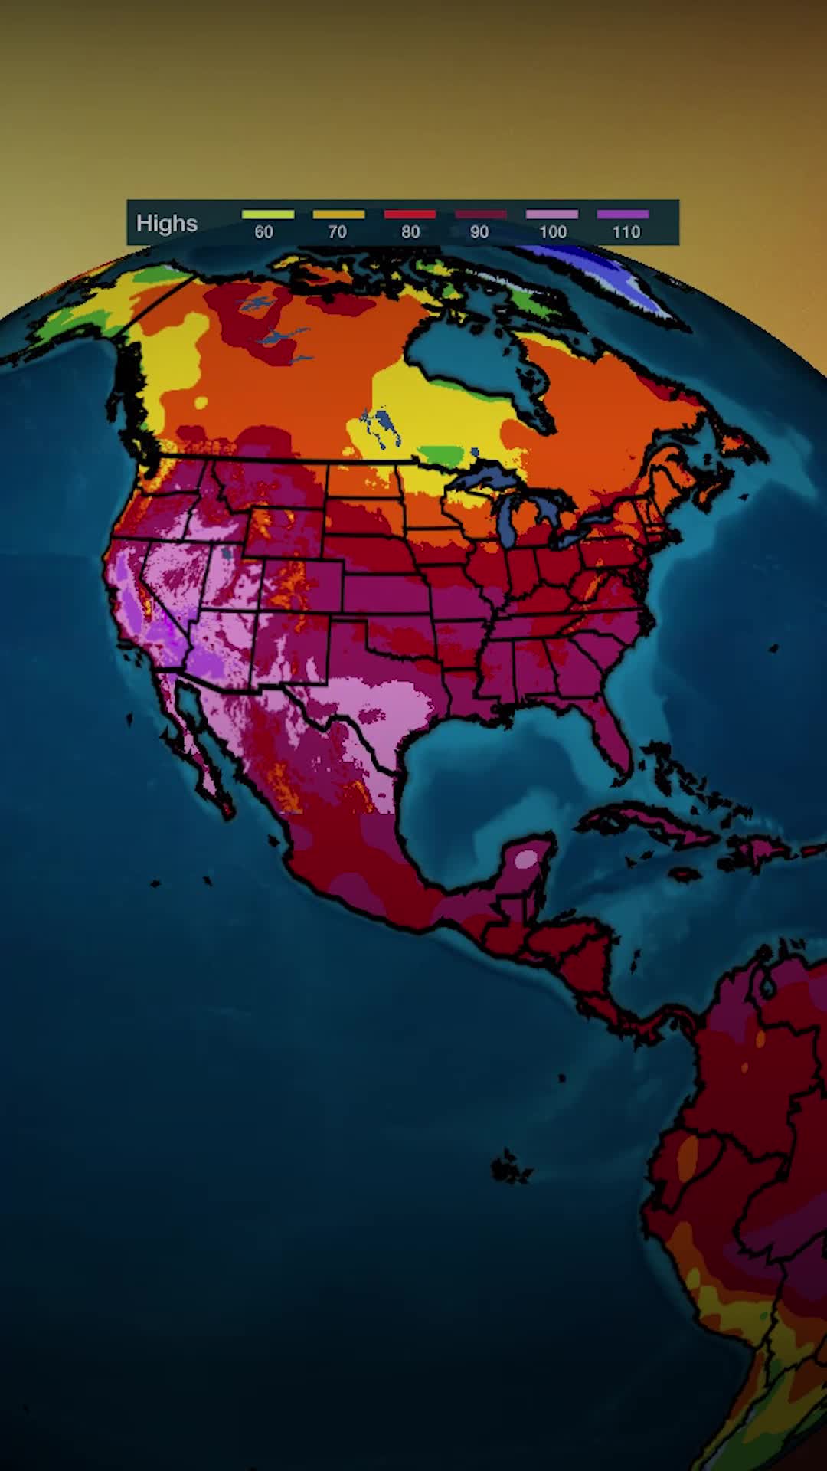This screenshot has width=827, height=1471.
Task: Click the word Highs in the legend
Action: [167, 224]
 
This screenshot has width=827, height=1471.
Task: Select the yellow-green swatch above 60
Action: [268, 215]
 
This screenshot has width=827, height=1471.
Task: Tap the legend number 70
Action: [337, 232]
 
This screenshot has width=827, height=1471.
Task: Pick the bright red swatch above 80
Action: [410, 215]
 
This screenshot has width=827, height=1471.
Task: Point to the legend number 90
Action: [479, 232]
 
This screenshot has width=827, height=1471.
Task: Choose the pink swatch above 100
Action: [551, 215]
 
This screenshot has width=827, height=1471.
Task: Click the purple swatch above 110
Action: [623, 215]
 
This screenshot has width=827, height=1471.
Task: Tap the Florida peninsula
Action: [613, 735]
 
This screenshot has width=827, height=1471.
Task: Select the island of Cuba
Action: [651, 824]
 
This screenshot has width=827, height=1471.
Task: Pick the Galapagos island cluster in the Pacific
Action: [509, 1168]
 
